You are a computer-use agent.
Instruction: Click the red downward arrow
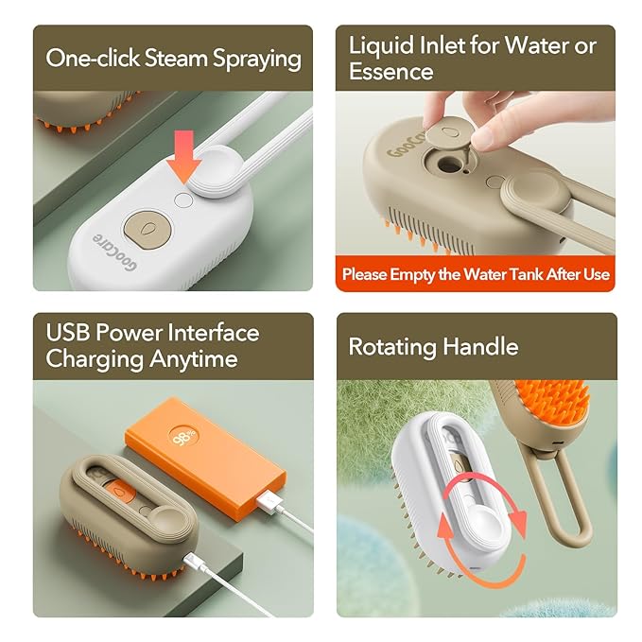tap(183, 157)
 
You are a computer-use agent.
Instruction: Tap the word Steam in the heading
tap(176, 58)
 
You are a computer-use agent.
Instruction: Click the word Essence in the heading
tap(391, 72)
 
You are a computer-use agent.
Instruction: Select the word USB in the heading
tap(67, 332)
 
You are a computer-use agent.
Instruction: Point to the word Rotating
tap(392, 348)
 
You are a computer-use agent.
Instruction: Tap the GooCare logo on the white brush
tap(114, 252)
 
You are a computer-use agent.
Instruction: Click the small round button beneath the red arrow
tap(183, 200)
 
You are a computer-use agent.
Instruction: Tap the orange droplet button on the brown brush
tap(119, 492)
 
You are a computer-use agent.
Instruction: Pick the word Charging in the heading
tap(95, 359)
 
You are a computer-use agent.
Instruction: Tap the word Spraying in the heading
tap(257, 59)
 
